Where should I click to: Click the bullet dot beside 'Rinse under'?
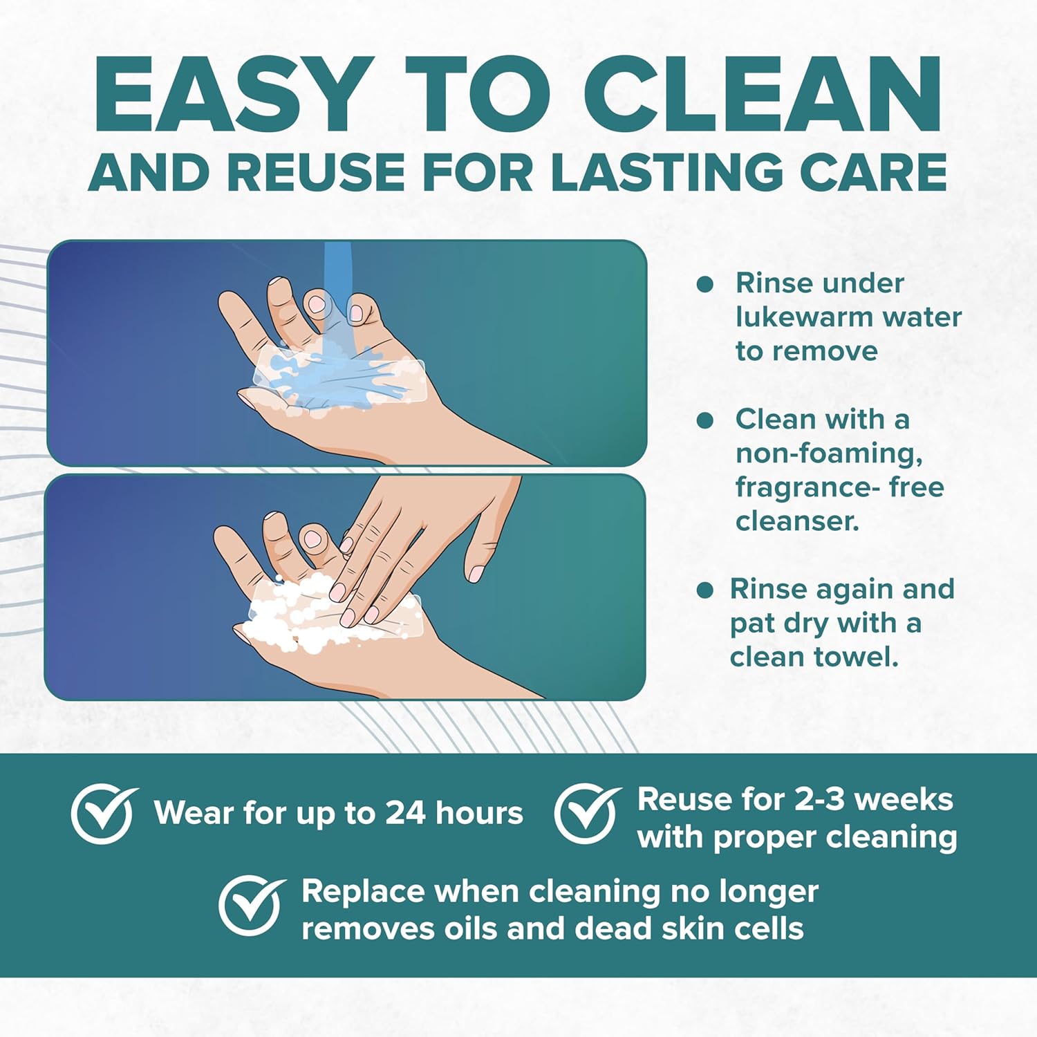click(704, 284)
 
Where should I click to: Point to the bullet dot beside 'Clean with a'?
click(704, 420)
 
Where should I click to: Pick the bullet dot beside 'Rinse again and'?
click(704, 590)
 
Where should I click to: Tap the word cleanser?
click(797, 521)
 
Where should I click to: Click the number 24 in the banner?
click(405, 814)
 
